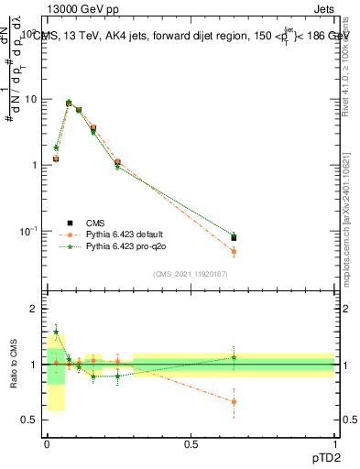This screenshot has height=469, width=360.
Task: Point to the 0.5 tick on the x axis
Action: point(191,444)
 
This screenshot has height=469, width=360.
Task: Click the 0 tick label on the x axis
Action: point(47,444)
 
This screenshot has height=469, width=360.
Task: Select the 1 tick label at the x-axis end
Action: point(334,444)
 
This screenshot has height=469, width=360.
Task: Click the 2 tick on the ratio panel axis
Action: point(36,310)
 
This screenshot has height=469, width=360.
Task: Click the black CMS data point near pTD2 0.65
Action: point(234,238)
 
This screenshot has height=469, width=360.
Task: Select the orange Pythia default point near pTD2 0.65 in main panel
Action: point(234,251)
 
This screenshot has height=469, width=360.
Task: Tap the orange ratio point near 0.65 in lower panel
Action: point(234,401)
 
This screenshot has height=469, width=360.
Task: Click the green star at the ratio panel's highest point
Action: point(56,333)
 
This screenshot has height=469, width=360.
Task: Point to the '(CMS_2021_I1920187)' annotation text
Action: point(191,274)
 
